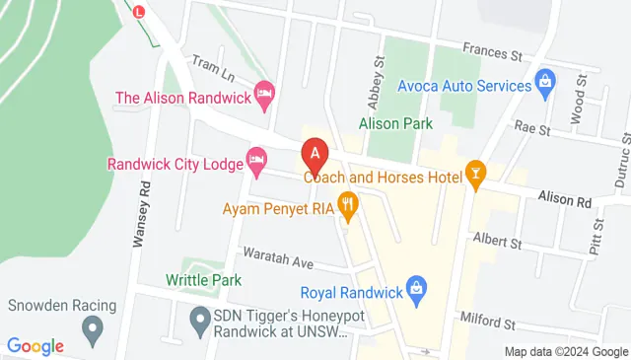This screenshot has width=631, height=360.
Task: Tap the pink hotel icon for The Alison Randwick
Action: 264,95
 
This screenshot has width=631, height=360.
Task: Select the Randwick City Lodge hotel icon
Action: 256,159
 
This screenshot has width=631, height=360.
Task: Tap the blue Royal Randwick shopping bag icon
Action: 417,288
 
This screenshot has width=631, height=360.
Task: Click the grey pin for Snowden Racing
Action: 94,326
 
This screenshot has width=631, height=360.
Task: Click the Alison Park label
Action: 395,124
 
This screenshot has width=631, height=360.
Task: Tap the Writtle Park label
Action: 204,280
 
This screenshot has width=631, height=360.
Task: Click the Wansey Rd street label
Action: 145,212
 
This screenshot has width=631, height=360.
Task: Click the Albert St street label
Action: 497,240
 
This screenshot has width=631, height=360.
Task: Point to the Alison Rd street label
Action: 565,200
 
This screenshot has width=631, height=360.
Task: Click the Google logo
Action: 35,345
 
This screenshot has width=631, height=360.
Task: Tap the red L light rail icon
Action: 138,12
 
